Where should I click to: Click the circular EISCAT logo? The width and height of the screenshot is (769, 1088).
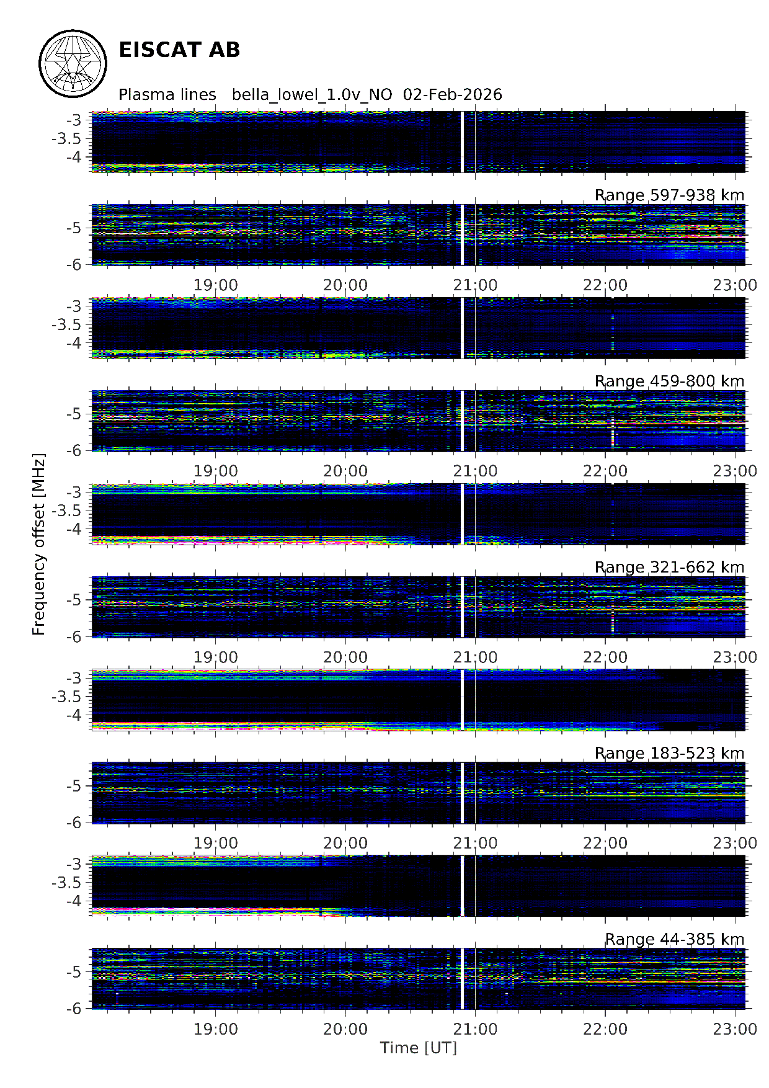[x=73, y=64]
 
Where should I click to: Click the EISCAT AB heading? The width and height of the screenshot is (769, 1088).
[x=179, y=50]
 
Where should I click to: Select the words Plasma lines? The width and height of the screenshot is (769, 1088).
[x=167, y=95]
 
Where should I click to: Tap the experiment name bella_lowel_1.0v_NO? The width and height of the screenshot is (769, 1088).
[x=312, y=95]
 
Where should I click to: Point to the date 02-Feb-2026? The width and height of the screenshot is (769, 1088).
[x=453, y=95]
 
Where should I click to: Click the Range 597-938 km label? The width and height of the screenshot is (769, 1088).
[x=669, y=195]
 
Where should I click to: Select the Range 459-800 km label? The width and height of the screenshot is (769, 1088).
[x=669, y=381]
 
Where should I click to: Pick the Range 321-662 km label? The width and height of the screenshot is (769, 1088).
[x=669, y=568]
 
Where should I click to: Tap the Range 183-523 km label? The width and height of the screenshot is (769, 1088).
[x=669, y=754]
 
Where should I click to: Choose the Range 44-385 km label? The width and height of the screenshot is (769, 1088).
[x=674, y=940]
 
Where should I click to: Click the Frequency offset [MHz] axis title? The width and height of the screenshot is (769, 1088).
[x=39, y=545]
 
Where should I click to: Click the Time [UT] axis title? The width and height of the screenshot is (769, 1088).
[x=419, y=1048]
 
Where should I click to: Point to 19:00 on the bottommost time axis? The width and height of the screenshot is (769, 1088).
[x=216, y=1030]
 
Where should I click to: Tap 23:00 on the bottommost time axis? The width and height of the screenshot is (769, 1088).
[x=735, y=1030]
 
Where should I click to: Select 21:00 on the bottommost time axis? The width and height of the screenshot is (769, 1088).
[x=475, y=1030]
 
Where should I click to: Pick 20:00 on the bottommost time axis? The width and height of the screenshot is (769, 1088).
[x=345, y=1030]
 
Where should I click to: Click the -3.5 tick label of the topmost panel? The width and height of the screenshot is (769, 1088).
[x=66, y=138]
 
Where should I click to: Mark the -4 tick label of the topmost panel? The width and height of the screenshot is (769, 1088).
[x=74, y=157]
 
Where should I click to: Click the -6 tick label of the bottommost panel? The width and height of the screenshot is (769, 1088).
[x=74, y=1009]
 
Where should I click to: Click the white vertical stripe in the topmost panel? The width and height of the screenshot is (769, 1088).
[x=462, y=142]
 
